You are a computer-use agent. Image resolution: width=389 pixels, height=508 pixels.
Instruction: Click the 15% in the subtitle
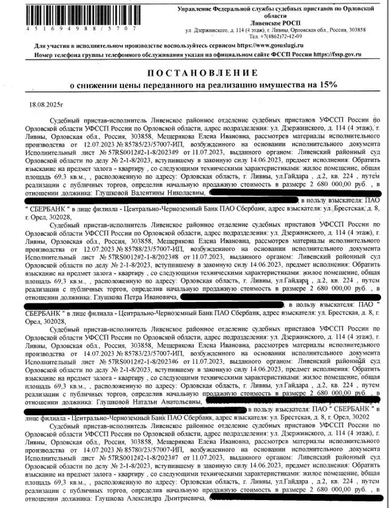327,85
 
